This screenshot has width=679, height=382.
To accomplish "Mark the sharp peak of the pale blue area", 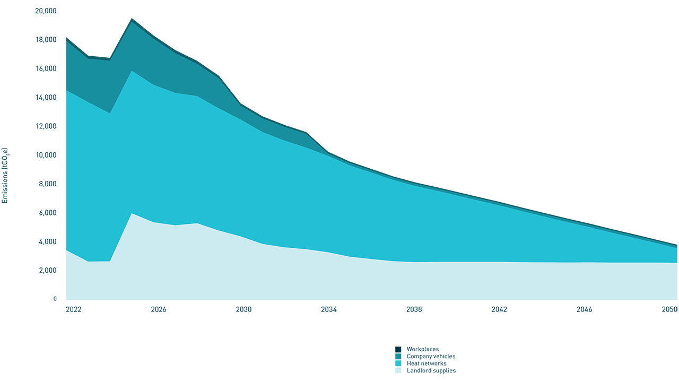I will point(132,214).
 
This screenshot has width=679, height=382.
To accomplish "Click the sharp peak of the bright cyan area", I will point(132,71).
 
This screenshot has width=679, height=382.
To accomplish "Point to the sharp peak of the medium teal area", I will point(132,23).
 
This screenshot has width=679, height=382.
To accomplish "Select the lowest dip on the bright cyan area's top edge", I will point(109,112).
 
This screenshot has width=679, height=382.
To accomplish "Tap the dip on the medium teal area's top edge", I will point(109,60).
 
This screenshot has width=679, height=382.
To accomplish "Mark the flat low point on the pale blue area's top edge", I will point(99,261).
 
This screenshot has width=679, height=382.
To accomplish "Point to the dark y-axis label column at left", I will point(29,159).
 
